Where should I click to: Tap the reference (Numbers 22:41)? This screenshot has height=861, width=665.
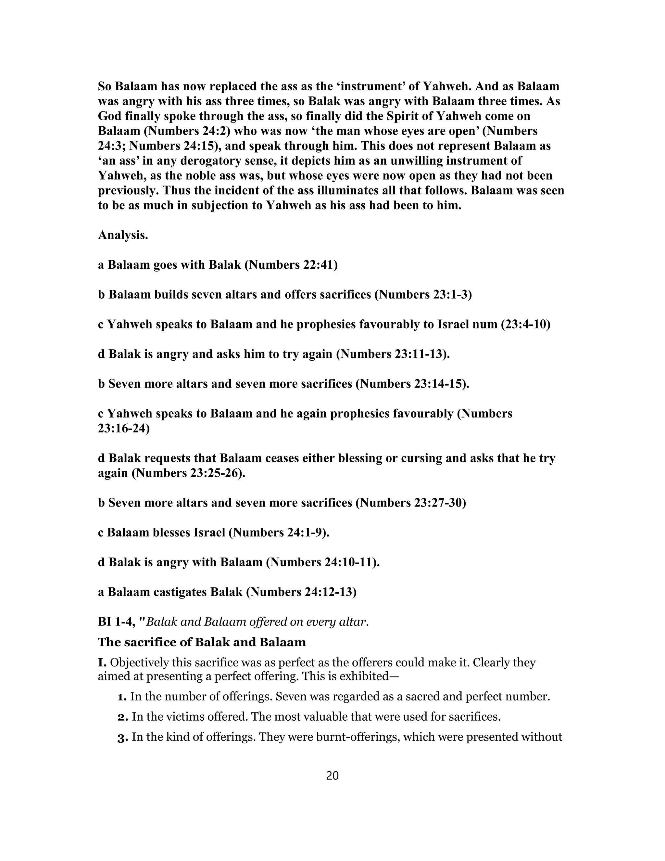point(291,264)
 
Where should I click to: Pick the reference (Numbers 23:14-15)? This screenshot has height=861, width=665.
point(412,384)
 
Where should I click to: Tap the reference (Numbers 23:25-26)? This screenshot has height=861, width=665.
point(188,473)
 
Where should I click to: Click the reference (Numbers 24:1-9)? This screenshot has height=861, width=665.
point(279,533)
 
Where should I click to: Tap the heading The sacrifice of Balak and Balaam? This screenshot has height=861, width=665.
point(202,642)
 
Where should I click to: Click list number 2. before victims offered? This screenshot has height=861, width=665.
point(123,717)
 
